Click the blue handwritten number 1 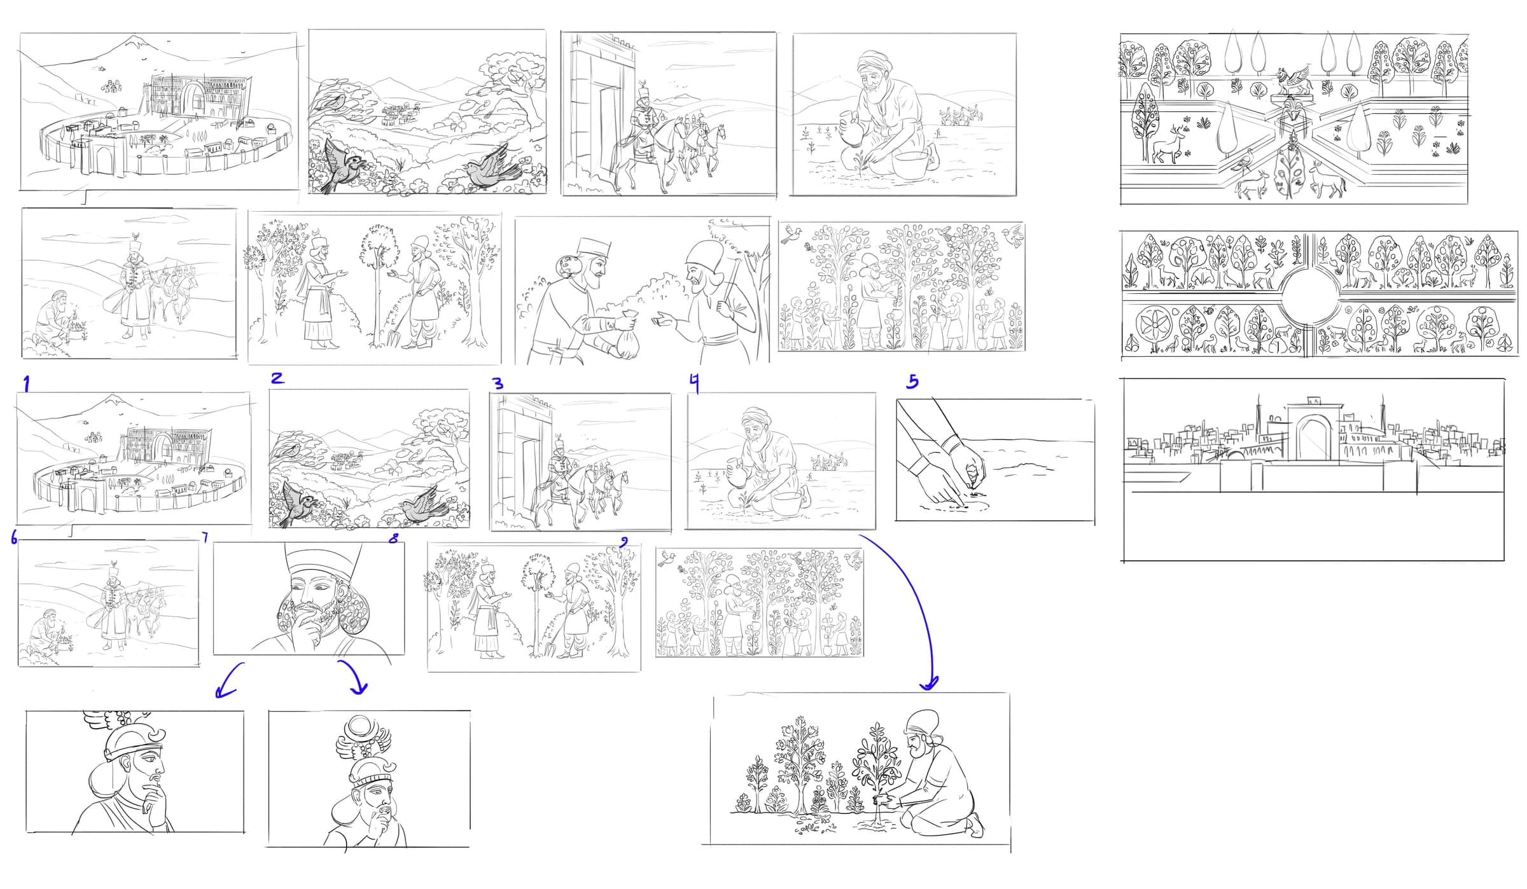26,383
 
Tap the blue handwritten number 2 277,378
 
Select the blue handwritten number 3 498,383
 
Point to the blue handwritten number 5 912,381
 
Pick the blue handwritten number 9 624,542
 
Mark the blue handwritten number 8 394,538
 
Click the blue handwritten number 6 14,538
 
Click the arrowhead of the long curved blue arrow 930,684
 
